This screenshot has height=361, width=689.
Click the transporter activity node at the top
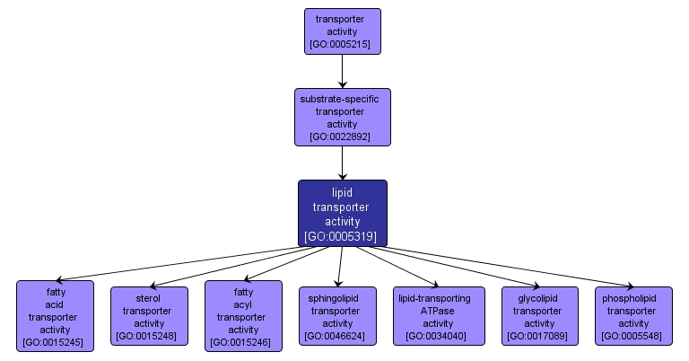[x=343, y=31]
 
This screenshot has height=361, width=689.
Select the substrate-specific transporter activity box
[x=343, y=117]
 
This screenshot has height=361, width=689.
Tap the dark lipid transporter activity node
[x=343, y=213]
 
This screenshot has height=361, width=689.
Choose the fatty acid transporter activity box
[x=55, y=315]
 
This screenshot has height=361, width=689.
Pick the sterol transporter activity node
[x=149, y=315]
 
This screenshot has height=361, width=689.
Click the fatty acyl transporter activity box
[x=243, y=315]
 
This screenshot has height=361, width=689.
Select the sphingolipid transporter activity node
[x=337, y=315]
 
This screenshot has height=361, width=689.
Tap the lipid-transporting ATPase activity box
[x=439, y=315]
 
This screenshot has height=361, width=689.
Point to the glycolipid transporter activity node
[x=539, y=315]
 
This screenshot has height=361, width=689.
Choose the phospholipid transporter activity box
[x=633, y=315]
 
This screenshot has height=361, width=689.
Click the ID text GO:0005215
[x=343, y=43]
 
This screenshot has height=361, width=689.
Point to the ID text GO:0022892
[x=343, y=136]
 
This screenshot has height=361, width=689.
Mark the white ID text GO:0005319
[x=341, y=236]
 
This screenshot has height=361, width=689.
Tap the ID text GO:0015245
[x=55, y=342]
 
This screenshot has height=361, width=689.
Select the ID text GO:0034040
[x=438, y=336]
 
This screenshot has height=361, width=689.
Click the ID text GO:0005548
[x=633, y=336]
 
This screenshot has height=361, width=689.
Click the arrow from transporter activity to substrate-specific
[x=343, y=70]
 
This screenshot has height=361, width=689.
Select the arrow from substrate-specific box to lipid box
[x=343, y=163]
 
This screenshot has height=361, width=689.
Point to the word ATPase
[x=439, y=311]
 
